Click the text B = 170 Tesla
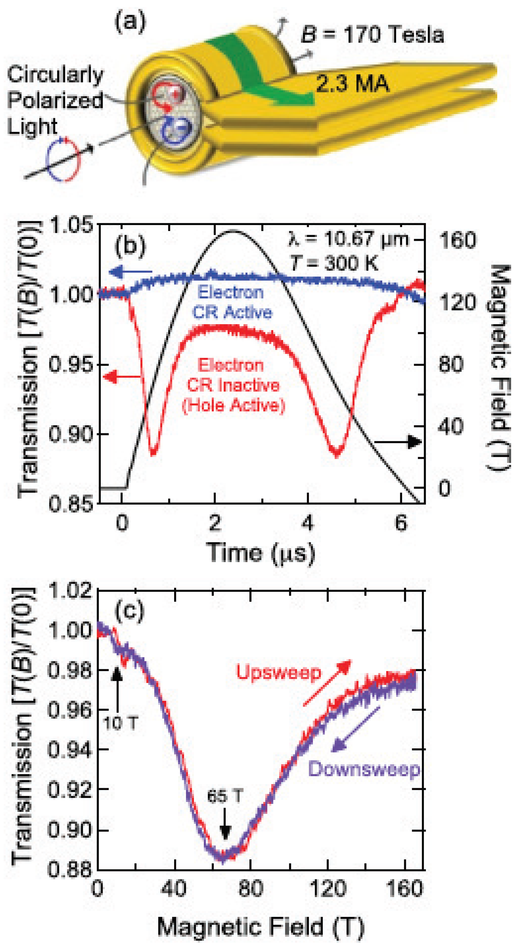point(372,35)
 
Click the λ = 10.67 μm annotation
point(348,240)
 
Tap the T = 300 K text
point(333,263)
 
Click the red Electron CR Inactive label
point(233,385)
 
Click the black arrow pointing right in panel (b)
point(398,442)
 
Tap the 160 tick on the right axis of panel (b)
point(457,240)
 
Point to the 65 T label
point(224,796)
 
